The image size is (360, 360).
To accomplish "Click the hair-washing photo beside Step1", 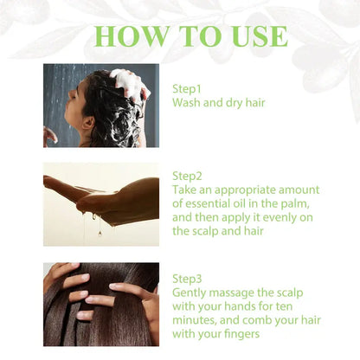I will coord(101,105).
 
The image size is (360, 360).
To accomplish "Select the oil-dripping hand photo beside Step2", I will coord(101,204).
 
